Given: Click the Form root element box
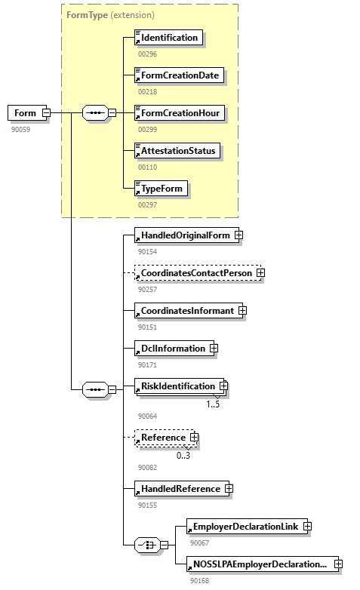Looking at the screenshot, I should coord(25,113).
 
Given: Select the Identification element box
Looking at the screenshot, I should coord(168,38).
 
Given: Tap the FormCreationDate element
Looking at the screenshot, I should coord(180,75).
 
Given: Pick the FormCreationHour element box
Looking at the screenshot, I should coord(180,113).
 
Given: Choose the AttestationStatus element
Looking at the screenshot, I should coord(177,151).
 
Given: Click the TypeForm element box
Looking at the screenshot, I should coord(161,188).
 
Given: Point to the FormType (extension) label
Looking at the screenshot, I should coord(110,14).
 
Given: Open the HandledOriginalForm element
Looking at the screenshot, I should coord(185,235).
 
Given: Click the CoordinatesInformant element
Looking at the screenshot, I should coord(187,311).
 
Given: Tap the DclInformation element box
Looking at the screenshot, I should coord(173,349).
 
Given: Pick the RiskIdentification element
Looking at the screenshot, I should coord(178,386).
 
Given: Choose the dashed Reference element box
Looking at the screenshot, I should coord(163,438).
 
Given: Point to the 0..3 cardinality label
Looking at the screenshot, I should coord(183,455).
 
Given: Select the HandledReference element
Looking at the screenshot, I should coord(180,489).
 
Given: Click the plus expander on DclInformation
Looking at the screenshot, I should coord(214,349).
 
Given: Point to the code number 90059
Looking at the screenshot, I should coord(21,129).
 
